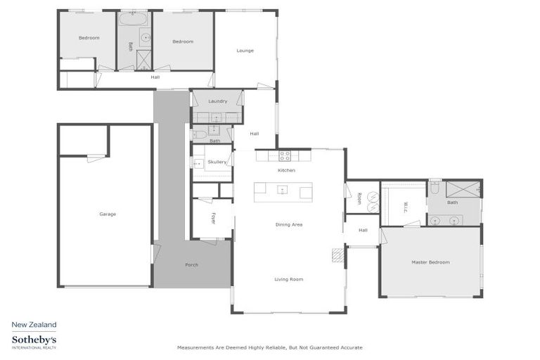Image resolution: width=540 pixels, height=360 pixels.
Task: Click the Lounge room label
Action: [x=245, y=51]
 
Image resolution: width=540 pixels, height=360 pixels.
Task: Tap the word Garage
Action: [x=108, y=214]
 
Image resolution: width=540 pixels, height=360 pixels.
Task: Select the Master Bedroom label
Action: [x=430, y=262]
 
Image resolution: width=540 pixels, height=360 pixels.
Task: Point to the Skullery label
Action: [x=217, y=162]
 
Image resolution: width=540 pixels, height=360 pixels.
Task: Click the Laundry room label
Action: [x=217, y=101]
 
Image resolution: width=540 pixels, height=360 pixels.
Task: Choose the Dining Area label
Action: [x=288, y=224]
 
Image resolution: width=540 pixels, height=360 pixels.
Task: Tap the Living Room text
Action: [x=288, y=279]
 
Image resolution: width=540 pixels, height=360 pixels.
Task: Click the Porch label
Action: [x=191, y=265]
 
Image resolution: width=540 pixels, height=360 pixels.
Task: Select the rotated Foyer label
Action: [x=213, y=218]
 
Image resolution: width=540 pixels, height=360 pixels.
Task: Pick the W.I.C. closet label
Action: [x=406, y=206]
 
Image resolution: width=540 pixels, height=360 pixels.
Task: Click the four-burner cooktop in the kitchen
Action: [x=285, y=155]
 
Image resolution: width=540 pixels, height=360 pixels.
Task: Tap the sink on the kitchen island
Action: [x=282, y=189]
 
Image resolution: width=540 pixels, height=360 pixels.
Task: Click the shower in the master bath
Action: [x=465, y=189]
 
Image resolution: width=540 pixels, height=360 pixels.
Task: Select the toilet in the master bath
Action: [x=435, y=188]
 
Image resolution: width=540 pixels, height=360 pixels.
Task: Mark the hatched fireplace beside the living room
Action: [x=338, y=255]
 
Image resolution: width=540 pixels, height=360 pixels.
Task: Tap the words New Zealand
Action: [x=34, y=325]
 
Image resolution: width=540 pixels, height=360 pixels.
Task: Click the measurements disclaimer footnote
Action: [x=269, y=347]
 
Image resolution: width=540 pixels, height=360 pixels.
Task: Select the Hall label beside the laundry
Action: [x=255, y=134]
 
